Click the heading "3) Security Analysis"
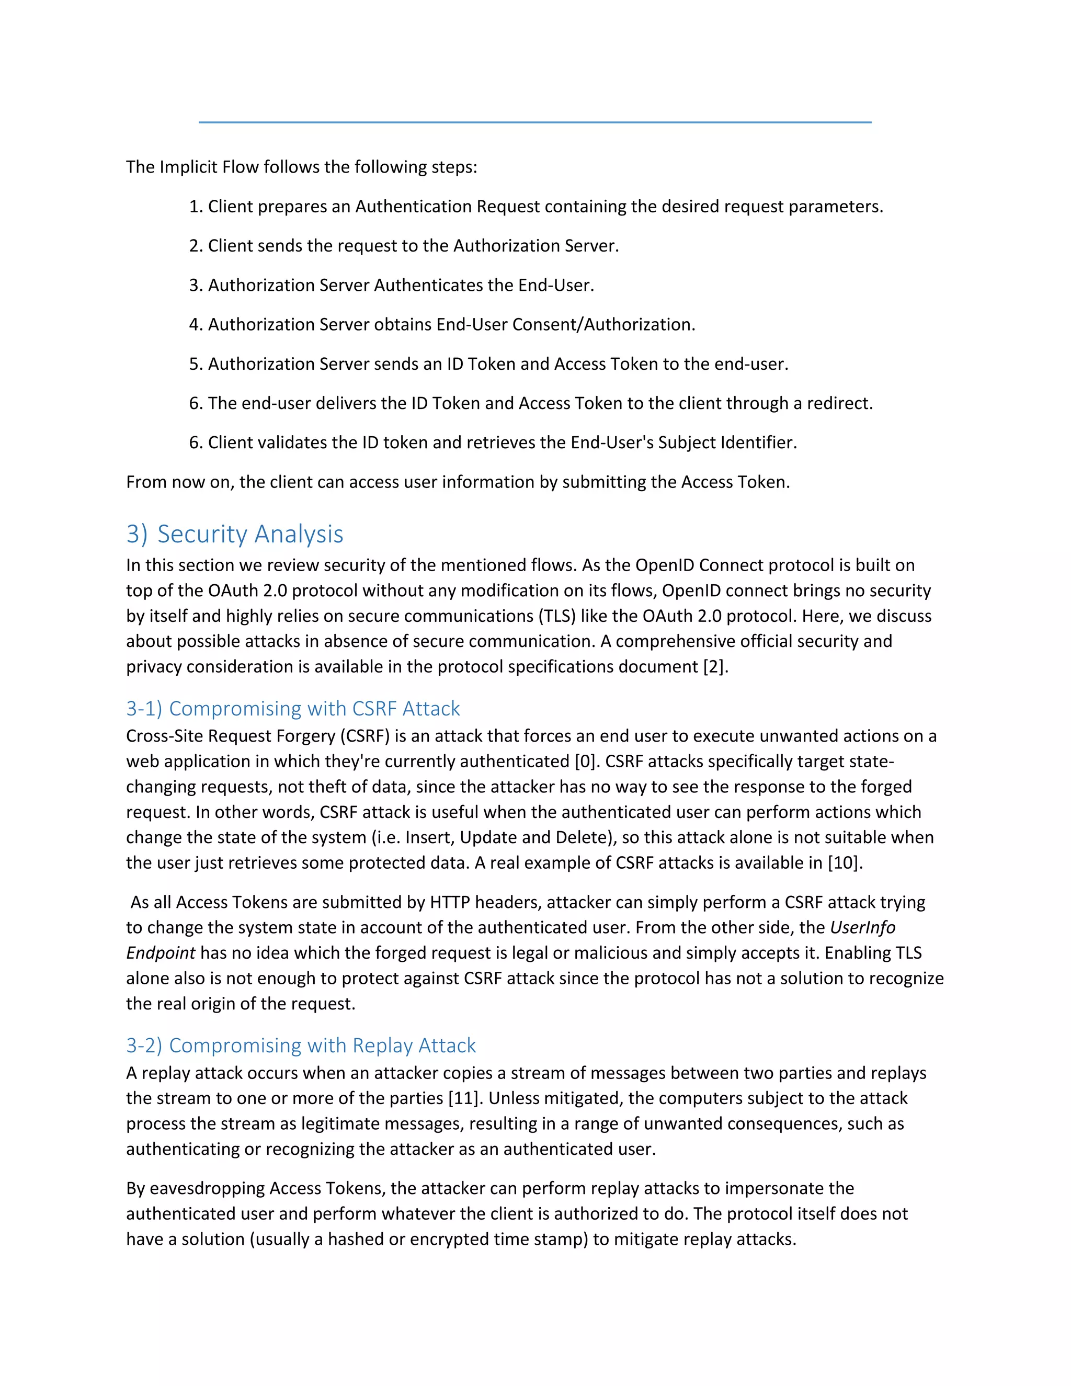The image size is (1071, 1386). coord(235,535)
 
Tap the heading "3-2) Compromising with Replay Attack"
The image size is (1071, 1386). coord(301,1045)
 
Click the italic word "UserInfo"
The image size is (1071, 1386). coord(862,928)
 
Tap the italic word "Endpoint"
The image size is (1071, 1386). coord(161,953)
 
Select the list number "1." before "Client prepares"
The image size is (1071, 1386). coord(196,207)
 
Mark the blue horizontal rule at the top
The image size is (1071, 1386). coord(535,122)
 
